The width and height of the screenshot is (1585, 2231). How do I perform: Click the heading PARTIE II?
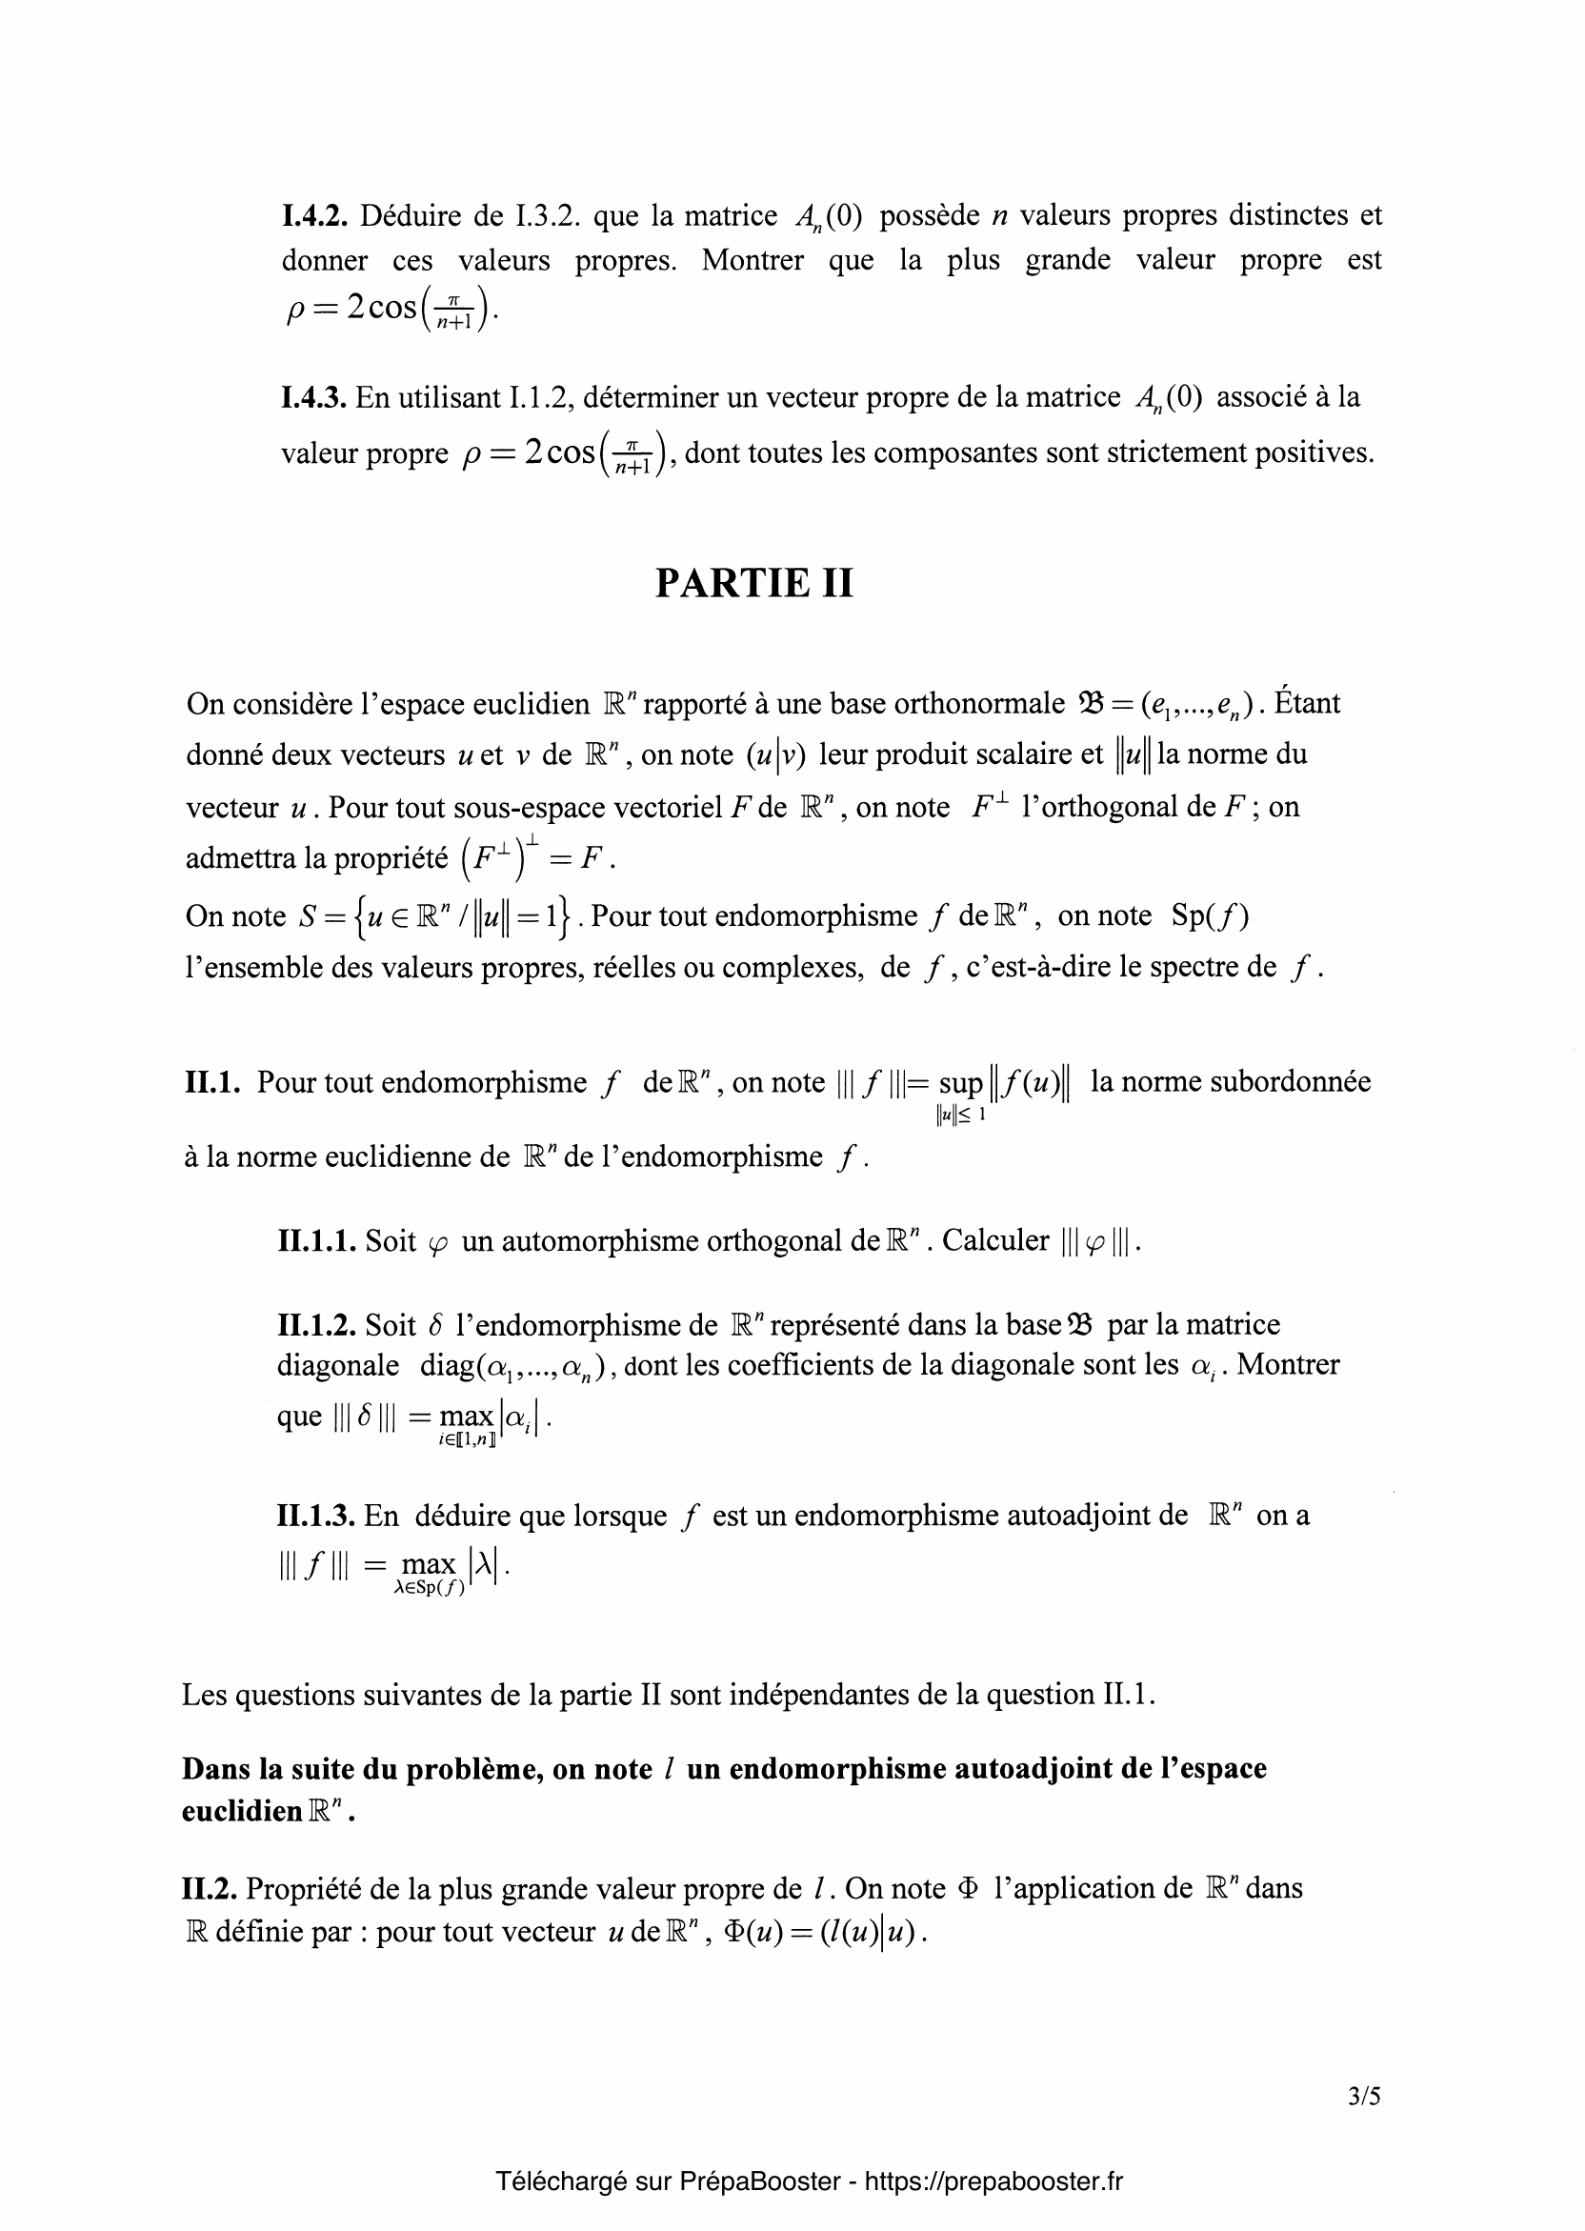click(753, 584)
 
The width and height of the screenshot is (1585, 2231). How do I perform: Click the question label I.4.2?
click(314, 215)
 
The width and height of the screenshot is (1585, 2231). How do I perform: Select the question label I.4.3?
click(314, 397)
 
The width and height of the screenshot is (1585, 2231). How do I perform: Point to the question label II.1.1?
click(316, 1241)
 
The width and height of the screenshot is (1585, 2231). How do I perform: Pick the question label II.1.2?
click(316, 1324)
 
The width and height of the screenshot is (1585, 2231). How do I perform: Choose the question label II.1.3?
click(316, 1516)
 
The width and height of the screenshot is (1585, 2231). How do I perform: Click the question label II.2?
click(209, 1888)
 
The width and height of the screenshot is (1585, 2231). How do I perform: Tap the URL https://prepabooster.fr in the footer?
click(993, 2181)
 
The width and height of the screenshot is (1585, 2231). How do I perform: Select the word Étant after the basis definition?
click(1307, 703)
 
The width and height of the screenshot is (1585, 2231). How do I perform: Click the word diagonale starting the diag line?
click(338, 1364)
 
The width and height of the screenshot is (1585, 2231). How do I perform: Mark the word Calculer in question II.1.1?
click(995, 1240)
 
